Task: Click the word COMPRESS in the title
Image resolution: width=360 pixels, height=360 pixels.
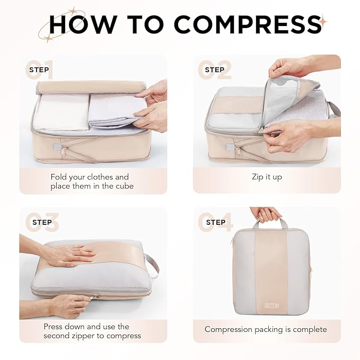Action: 247,24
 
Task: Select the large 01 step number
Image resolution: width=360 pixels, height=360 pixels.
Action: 40,70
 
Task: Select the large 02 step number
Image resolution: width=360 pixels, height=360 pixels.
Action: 215,70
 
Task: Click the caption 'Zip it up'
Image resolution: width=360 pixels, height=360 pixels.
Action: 267,177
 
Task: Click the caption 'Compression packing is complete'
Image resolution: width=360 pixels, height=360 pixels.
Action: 266,329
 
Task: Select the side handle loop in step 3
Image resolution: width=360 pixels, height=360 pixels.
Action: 152,263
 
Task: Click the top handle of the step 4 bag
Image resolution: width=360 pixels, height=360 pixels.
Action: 269,222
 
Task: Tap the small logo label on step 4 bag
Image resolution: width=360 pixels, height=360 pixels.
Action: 270,305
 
